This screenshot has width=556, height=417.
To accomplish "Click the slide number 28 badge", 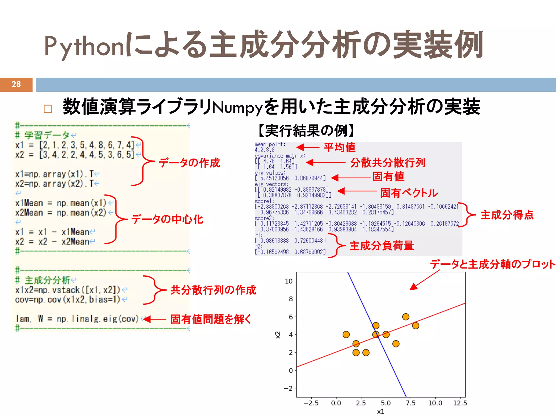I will [16, 84].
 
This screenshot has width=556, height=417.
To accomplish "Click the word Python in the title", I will [84, 46].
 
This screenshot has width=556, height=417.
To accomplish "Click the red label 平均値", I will [339, 148].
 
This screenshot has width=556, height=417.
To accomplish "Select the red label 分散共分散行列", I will [387, 163].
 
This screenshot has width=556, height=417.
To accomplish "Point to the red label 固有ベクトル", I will [409, 193].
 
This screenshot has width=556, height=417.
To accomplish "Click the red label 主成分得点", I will [507, 215].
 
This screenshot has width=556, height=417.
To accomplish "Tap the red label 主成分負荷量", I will [381, 246].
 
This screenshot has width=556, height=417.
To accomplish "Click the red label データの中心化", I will [167, 219].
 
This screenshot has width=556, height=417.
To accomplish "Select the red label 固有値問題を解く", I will [211, 319].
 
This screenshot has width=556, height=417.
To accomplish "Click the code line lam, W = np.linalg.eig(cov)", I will [77, 319].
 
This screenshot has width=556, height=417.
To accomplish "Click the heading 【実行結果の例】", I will [306, 131].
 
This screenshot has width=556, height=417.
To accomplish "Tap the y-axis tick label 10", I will [288, 281].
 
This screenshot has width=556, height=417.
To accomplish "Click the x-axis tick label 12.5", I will [460, 403].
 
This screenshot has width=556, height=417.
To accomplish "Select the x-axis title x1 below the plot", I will [381, 412].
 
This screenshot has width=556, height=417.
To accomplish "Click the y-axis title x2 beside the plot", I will [278, 335].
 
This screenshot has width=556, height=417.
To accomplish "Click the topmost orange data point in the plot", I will [406, 317].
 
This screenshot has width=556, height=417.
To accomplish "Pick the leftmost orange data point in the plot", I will [346, 334].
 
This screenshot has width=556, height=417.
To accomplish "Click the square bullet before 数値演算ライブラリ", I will [48, 109].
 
